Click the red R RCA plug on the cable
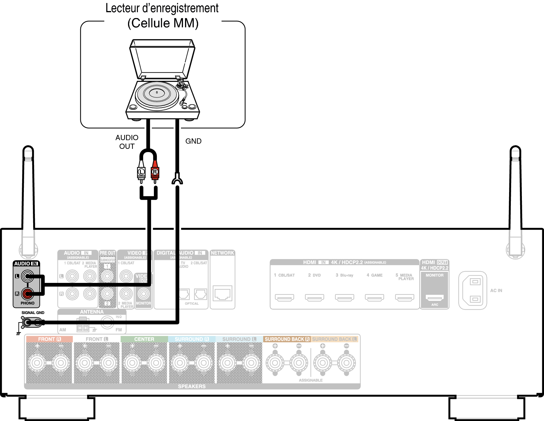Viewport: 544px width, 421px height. tap(155, 172)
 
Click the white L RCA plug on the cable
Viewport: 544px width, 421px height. tap(141, 172)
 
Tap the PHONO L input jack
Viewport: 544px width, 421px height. tap(27, 276)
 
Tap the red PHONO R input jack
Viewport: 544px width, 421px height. tap(27, 294)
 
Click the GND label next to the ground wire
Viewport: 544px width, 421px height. tap(193, 141)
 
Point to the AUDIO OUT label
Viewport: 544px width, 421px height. tap(127, 142)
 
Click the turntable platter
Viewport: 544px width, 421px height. tap(157, 93)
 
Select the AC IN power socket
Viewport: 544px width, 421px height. tap(473, 290)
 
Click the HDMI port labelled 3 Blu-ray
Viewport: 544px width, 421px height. tap(344, 297)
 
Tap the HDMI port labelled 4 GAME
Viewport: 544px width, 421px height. tap(374, 297)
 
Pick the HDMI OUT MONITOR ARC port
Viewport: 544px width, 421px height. tap(435, 297)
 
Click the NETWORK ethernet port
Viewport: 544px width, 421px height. tap(223, 294)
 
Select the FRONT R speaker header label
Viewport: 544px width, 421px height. tap(49, 339)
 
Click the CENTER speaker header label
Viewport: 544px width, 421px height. tap(144, 339)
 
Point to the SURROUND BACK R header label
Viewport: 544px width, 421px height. tap(287, 339)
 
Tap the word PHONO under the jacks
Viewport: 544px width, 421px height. tap(27, 303)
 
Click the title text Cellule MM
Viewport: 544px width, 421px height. tap(163, 23)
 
